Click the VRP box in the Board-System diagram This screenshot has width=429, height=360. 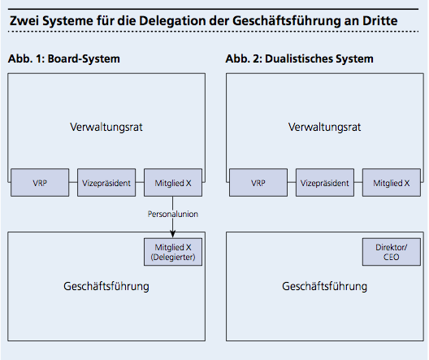40,183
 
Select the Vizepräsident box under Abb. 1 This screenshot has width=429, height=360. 106,183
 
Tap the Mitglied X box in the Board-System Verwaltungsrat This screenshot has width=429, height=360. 173,183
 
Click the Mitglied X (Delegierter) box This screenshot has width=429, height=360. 173,252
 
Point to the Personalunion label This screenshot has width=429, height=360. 172,214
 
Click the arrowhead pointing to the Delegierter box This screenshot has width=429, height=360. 172,234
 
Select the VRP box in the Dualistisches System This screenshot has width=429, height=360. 258,183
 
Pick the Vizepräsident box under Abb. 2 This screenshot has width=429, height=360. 325,183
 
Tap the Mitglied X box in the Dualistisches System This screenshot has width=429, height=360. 392,183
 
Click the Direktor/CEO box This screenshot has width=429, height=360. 392,252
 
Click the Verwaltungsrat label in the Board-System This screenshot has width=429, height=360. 106,128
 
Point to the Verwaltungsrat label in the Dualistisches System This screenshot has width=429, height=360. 325,128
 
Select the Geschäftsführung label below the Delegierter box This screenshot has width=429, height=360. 106,286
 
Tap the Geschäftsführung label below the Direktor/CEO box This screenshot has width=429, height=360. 325,286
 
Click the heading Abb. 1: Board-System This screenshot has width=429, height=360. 64,59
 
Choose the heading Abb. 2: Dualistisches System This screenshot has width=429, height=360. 300,59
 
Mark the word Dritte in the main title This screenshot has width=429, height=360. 380,21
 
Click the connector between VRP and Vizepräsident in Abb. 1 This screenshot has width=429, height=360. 73,183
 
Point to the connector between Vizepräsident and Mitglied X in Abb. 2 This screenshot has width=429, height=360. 358,183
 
